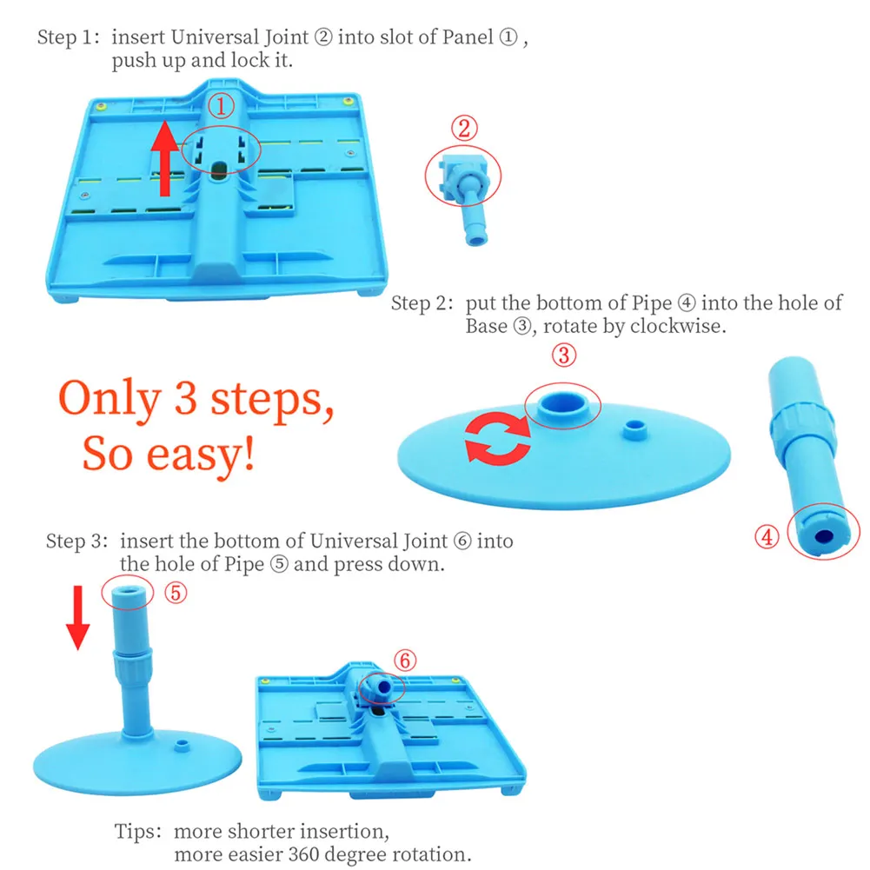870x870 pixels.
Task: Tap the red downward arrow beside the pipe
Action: point(78,617)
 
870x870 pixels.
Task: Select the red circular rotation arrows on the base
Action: point(497,436)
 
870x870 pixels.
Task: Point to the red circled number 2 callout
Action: point(464,129)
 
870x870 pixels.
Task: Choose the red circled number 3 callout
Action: point(564,355)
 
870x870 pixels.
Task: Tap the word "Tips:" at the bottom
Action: point(141,831)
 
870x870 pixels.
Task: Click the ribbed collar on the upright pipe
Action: point(129,664)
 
